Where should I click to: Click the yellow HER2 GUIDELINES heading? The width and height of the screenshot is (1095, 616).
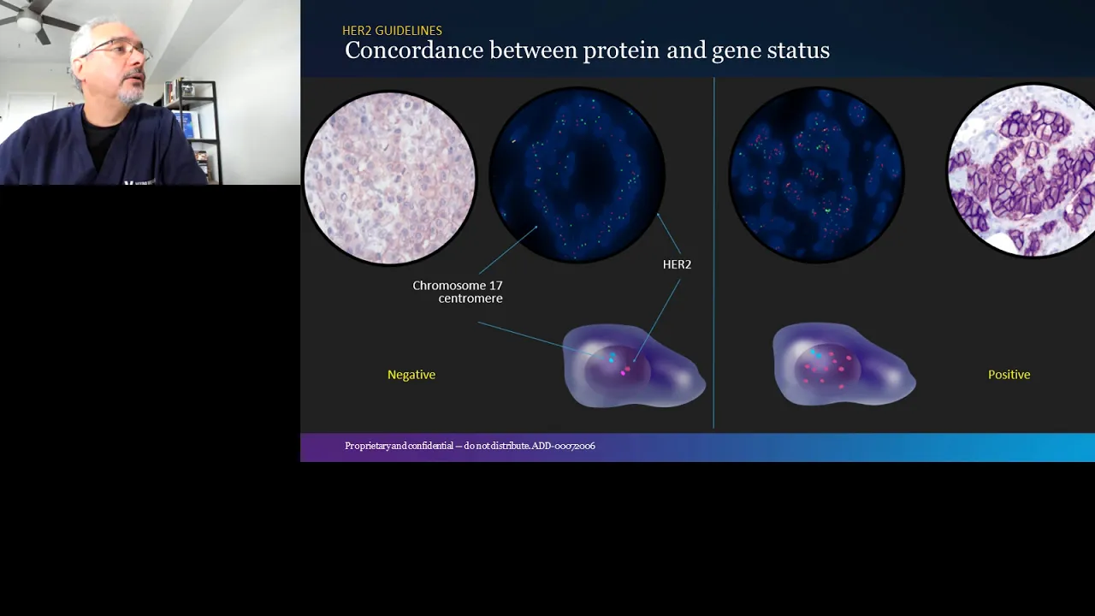click(392, 31)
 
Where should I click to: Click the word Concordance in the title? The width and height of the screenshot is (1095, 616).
click(414, 50)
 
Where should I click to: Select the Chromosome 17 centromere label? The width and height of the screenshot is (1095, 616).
click(458, 292)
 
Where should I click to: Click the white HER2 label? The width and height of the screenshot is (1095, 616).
click(677, 264)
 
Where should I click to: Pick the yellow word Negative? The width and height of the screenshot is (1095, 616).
click(411, 375)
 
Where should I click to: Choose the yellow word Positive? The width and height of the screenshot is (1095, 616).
click(1009, 375)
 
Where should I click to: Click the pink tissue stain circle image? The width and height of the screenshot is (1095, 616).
click(389, 177)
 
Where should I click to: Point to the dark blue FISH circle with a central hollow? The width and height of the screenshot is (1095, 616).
click(577, 175)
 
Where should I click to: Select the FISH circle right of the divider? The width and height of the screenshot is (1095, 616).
click(816, 175)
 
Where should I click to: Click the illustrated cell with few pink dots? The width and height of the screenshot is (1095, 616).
click(634, 364)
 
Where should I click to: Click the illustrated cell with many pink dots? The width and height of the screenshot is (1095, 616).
click(843, 364)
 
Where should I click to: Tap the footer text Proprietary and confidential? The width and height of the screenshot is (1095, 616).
click(400, 446)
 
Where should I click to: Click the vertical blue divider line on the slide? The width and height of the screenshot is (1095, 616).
click(713, 252)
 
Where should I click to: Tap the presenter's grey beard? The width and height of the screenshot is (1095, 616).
click(131, 93)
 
